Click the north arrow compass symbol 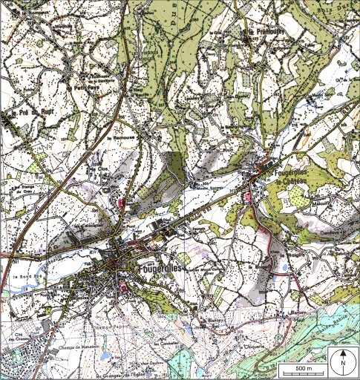click(x=344, y=361)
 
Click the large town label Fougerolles click(x=159, y=265)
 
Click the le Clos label click(x=99, y=168)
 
